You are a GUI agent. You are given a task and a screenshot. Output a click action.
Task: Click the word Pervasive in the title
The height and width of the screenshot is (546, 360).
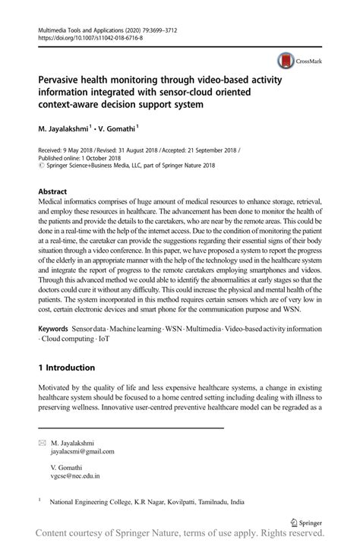[x=61, y=78]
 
